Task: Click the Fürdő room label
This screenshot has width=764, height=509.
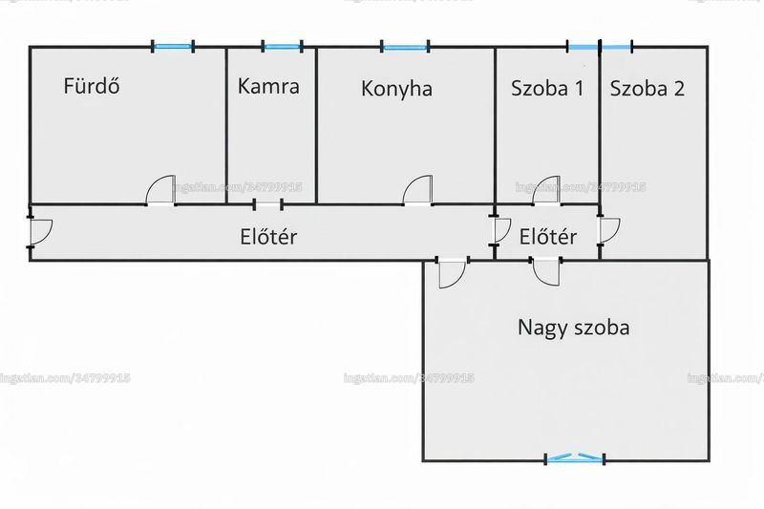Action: [92, 86]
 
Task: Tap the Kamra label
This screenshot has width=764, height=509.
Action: [268, 86]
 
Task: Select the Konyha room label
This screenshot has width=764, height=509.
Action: [396, 89]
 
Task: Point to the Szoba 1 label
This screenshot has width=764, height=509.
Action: [546, 88]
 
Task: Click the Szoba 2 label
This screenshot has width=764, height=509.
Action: [647, 88]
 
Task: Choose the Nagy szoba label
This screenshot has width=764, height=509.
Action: [574, 328]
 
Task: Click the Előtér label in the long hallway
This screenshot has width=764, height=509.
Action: [268, 237]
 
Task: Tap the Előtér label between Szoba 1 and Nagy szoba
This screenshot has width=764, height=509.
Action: [547, 237]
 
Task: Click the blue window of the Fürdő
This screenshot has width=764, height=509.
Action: [173, 47]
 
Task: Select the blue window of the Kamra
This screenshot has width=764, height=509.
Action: [282, 47]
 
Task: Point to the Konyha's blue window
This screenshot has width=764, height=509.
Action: [405, 47]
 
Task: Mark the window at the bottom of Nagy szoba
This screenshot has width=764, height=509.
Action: [575, 457]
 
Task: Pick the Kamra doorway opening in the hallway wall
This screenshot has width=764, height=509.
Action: [268, 205]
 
